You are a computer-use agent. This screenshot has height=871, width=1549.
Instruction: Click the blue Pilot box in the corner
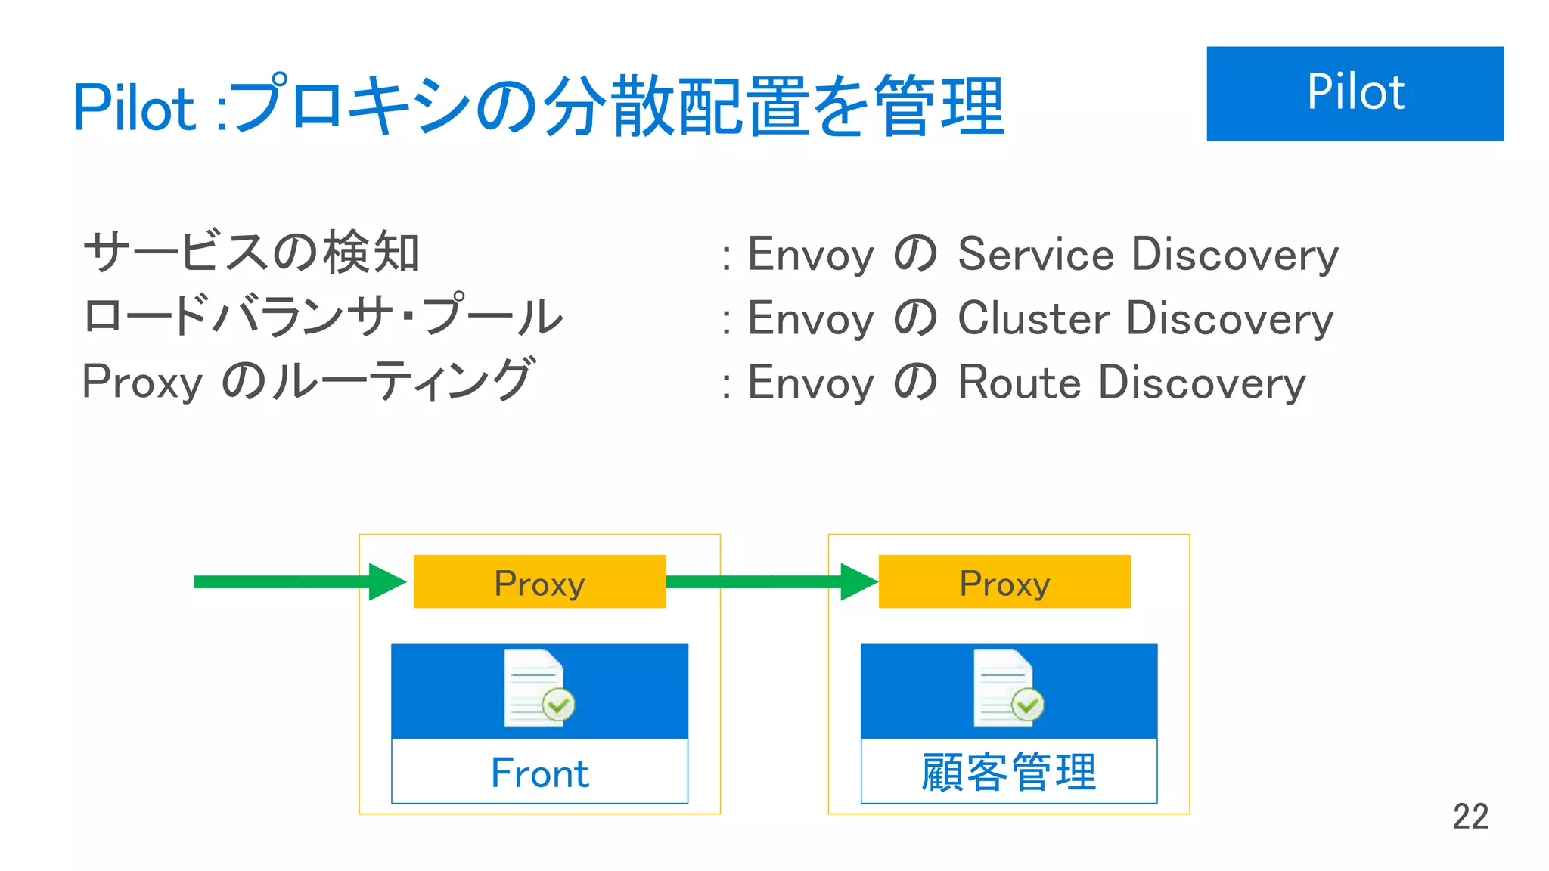1354,93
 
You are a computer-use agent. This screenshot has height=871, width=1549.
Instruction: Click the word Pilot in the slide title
134,108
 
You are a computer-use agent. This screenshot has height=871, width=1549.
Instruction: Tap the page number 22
1470,817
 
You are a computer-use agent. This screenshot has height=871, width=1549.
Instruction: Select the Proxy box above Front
539,582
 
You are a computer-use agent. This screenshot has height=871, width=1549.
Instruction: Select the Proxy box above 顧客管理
1004,582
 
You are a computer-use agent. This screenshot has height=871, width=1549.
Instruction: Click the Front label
539,773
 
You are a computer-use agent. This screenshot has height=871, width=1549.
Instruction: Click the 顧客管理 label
1008,772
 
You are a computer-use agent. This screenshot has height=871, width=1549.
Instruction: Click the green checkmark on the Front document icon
559,705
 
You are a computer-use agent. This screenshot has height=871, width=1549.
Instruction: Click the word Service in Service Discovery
1035,254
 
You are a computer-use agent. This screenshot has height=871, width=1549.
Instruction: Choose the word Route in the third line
1020,383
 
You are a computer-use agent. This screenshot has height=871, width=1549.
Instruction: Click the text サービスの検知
251,253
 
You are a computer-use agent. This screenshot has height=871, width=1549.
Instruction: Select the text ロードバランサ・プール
323,316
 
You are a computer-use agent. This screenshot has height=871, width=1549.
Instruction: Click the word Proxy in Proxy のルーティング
142,382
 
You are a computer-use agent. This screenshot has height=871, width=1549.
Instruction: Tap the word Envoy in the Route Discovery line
810,383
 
